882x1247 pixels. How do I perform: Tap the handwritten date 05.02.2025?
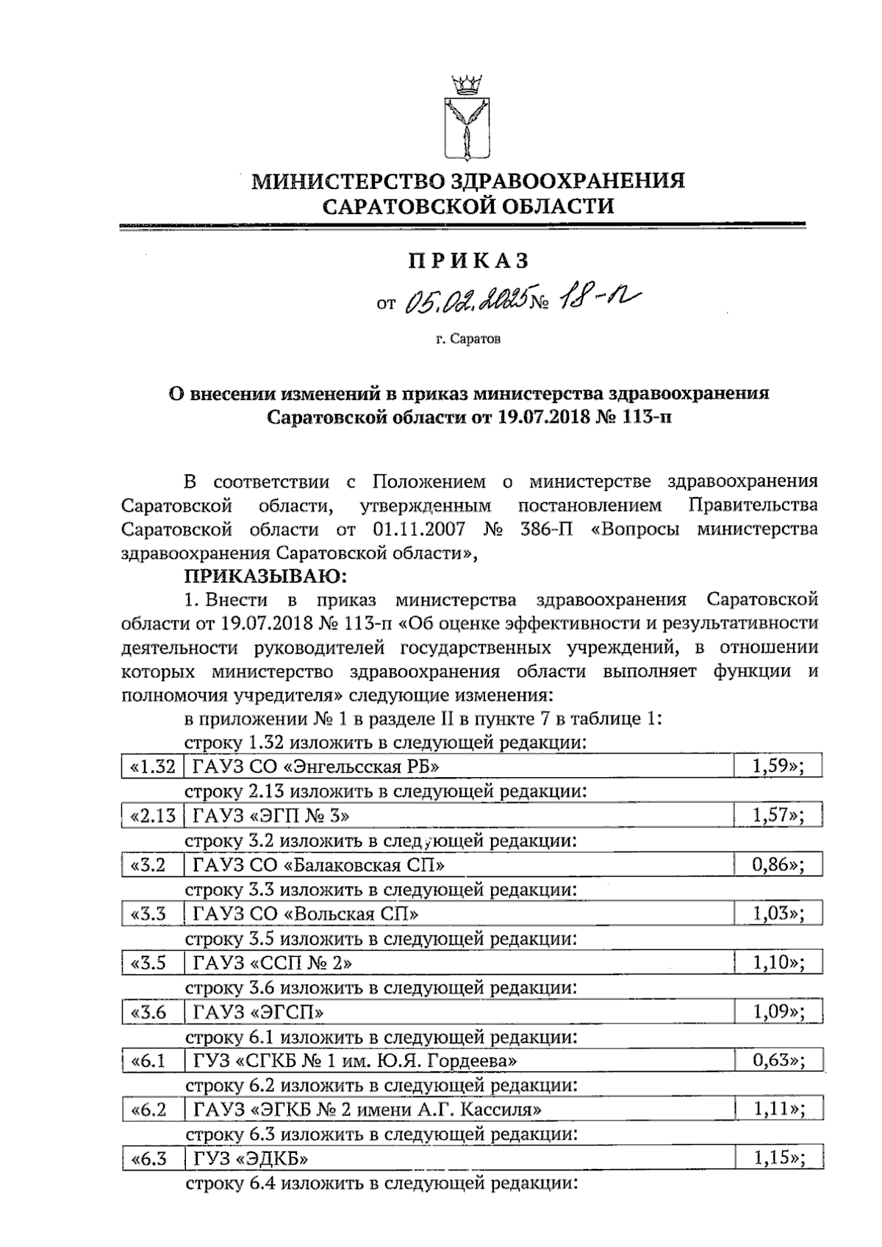click(x=468, y=300)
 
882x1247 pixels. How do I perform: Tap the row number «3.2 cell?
click(x=148, y=865)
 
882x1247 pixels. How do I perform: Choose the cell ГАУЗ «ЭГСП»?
click(x=258, y=1012)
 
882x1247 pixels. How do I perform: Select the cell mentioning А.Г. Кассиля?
click(x=368, y=1110)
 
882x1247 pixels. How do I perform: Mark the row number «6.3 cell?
click(x=148, y=1160)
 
